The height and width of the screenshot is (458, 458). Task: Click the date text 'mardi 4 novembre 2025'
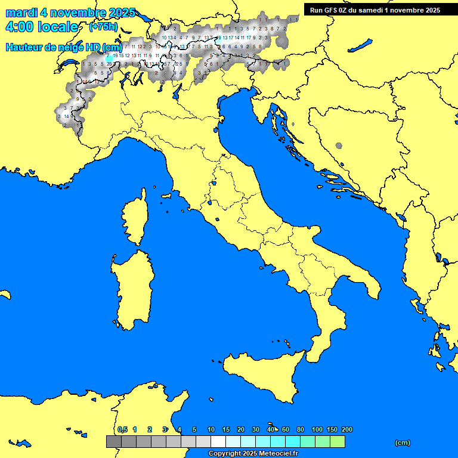click(x=70, y=13)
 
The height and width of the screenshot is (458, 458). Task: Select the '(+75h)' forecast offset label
click(x=103, y=27)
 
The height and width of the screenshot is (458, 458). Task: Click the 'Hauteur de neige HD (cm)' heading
click(x=64, y=47)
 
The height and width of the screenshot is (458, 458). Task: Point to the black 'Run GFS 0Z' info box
click(x=375, y=10)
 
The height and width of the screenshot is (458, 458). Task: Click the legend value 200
click(x=346, y=429)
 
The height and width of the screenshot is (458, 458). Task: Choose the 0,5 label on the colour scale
click(x=122, y=429)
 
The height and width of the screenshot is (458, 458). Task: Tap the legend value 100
click(x=317, y=429)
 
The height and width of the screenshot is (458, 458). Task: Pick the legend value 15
click(x=226, y=429)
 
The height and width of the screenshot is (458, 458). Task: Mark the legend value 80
click(x=301, y=429)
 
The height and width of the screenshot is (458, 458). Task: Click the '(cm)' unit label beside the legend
click(x=403, y=442)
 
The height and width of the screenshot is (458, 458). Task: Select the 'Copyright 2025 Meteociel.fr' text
click(x=253, y=453)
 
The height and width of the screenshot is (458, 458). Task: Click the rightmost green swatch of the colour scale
click(x=337, y=441)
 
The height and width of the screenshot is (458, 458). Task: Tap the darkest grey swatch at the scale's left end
click(x=113, y=441)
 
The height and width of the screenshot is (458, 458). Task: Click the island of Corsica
click(x=135, y=221)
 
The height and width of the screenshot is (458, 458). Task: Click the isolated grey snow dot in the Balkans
click(x=339, y=146)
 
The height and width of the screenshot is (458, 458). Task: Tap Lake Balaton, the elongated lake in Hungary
click(x=360, y=47)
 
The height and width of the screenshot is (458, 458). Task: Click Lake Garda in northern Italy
click(x=177, y=91)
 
